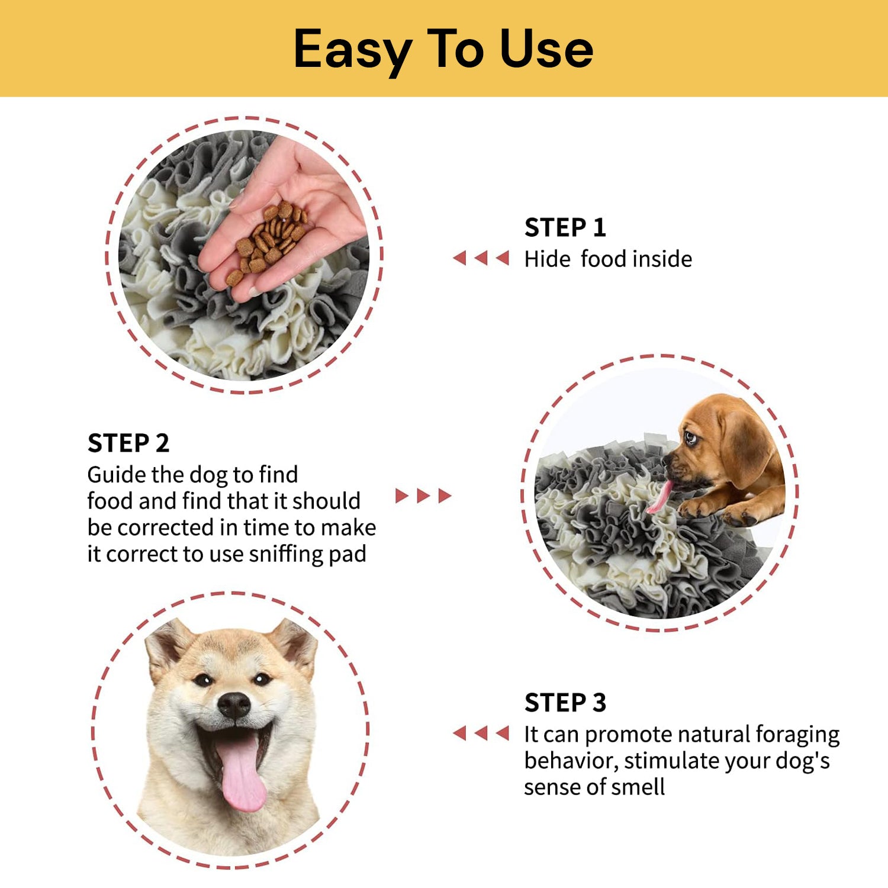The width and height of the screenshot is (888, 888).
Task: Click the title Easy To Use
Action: point(443,49)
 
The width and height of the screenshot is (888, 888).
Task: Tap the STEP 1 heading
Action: point(565,228)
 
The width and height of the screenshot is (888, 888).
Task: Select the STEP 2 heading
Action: point(128,443)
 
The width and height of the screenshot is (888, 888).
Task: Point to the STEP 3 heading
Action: point(565,703)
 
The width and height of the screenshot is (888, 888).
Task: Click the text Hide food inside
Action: point(608,259)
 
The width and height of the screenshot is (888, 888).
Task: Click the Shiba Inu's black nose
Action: point(234,704)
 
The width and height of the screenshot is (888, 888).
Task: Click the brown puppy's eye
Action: point(690,439)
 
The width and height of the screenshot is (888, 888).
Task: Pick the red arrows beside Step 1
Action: point(481,258)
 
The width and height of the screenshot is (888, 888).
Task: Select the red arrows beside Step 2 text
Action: point(423,496)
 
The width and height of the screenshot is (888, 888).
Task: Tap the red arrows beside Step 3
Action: point(481,733)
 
